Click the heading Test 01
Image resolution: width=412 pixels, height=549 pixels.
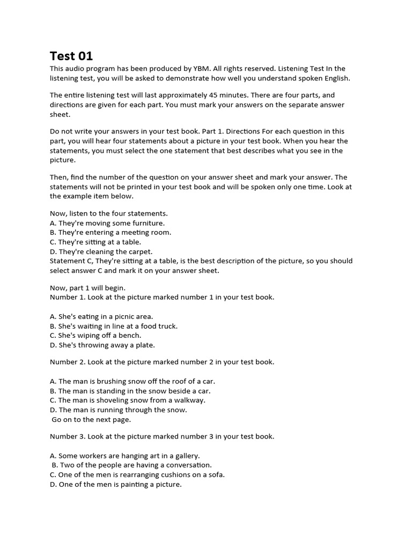tap(71, 56)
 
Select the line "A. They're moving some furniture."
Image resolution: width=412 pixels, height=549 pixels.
tap(107, 223)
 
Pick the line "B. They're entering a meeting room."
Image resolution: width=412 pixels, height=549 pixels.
tap(111, 233)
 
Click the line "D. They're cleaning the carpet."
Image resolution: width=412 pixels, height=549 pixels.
tap(101, 251)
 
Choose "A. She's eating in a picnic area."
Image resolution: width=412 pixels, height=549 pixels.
tap(101, 316)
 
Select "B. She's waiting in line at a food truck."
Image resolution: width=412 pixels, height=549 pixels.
tap(114, 326)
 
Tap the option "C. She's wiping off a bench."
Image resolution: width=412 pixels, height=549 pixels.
tap(95, 336)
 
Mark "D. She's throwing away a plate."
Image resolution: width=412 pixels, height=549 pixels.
tap(102, 345)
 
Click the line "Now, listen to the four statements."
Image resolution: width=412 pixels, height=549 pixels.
tap(109, 213)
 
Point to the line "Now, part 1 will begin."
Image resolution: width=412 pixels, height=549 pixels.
tap(87, 288)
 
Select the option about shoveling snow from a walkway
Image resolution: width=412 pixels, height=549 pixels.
tap(128, 400)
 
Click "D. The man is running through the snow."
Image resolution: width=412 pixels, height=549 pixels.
tap(119, 410)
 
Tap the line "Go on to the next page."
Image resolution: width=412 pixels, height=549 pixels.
tap(91, 420)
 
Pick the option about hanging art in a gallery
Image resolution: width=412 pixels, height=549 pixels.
tap(125, 456)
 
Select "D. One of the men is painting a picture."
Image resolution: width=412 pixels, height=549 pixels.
tap(116, 485)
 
